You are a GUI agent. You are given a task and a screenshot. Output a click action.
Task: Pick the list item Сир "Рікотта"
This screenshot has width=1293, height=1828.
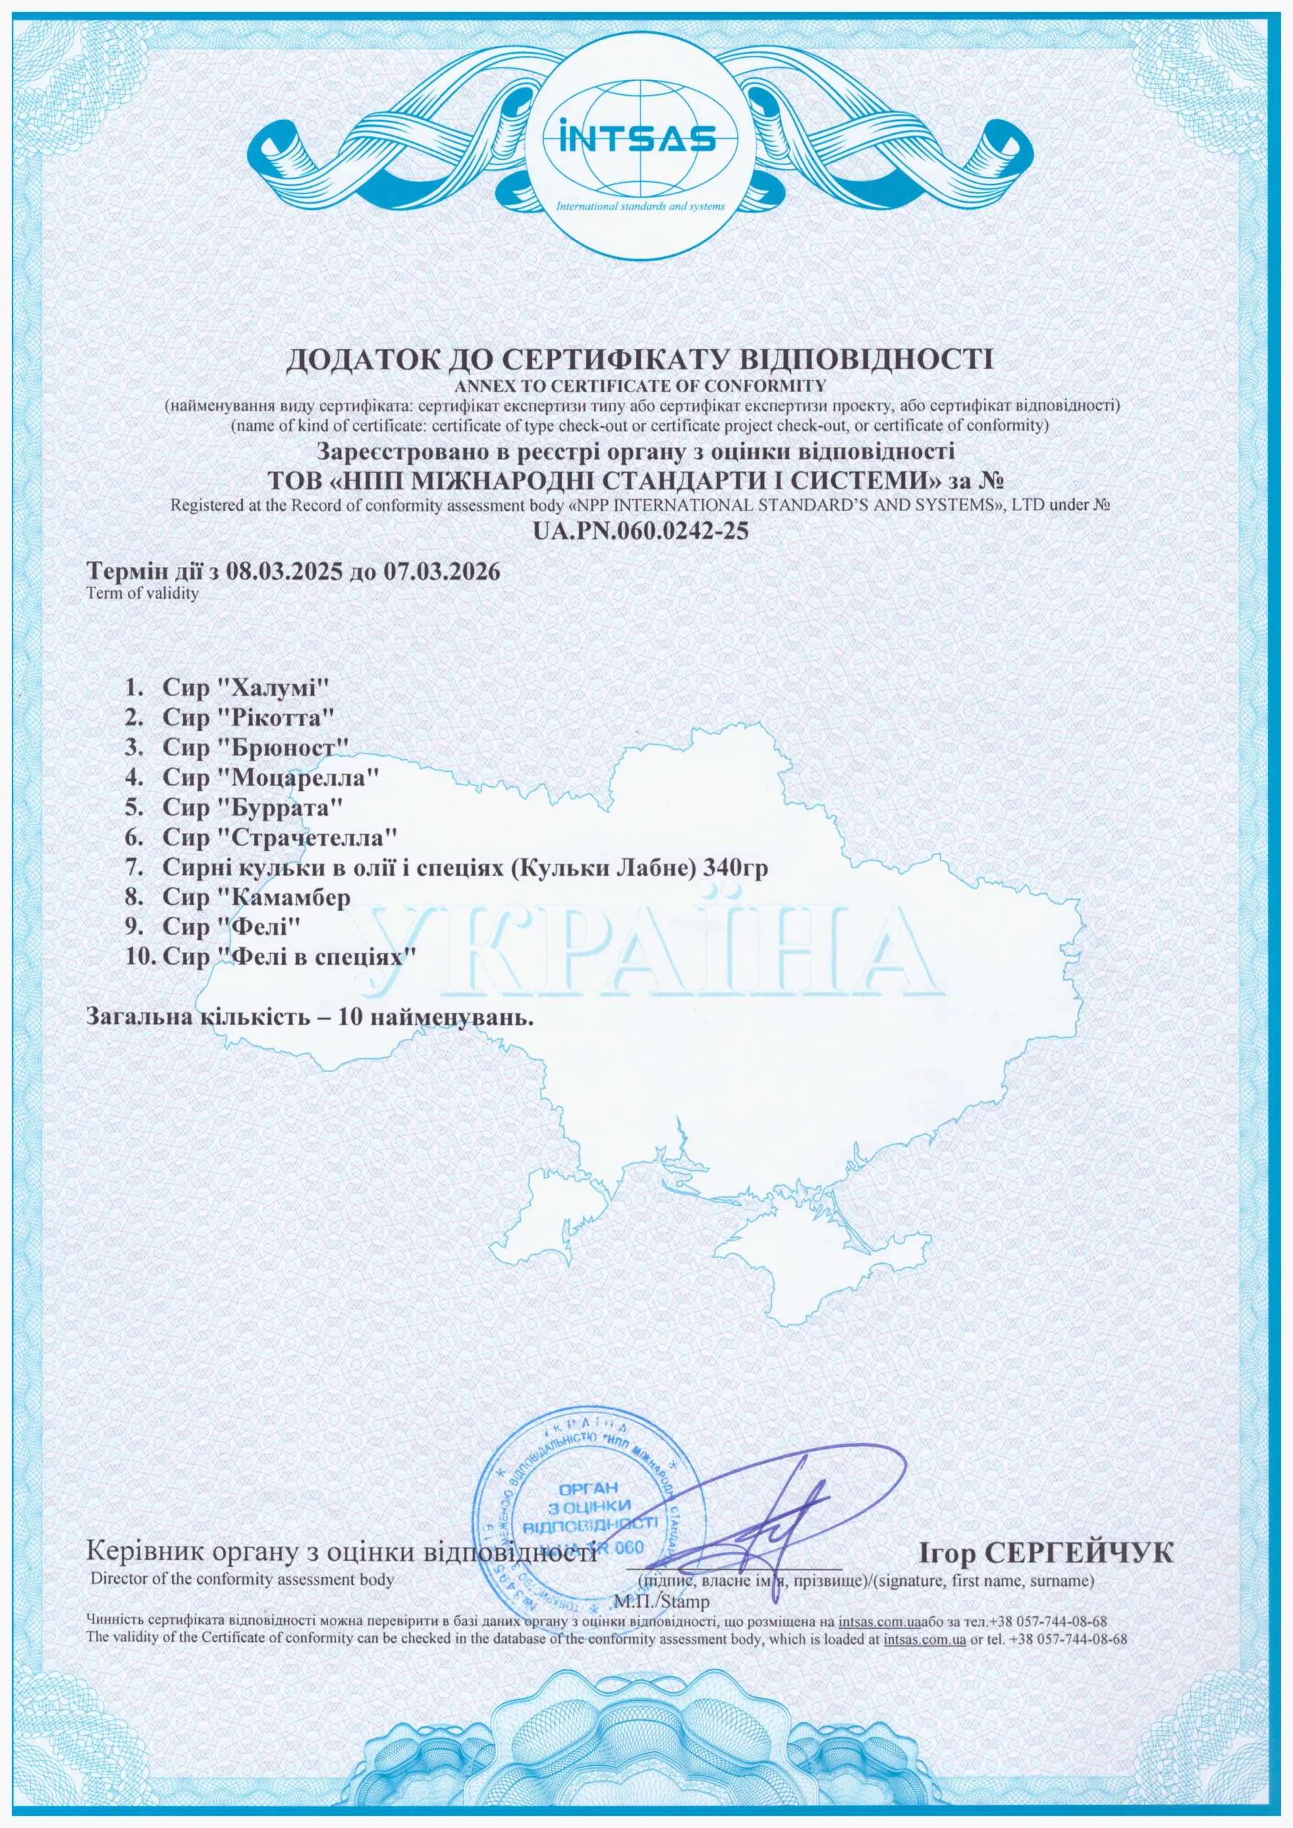click(x=247, y=716)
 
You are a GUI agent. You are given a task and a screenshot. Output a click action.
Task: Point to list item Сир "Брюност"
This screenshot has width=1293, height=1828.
click(x=256, y=747)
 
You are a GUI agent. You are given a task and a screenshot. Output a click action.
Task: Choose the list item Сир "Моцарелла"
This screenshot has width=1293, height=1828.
click(x=269, y=776)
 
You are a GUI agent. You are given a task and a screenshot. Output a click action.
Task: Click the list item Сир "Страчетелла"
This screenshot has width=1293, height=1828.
click(x=279, y=837)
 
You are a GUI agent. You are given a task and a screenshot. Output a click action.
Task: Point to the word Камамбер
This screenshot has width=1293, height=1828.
click(x=291, y=898)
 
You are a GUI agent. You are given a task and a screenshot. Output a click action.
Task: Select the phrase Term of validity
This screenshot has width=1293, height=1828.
click(x=143, y=593)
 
